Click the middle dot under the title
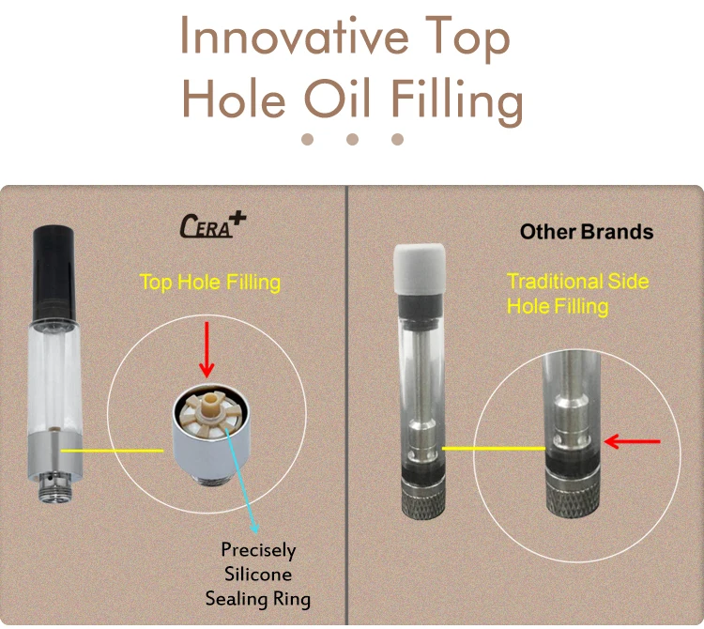(353, 139)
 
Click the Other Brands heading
(587, 231)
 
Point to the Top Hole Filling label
(209, 282)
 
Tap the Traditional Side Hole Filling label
(577, 293)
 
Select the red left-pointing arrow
(632, 440)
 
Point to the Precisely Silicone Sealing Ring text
(257, 574)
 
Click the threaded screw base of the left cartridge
(47, 487)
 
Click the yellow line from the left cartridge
(113, 451)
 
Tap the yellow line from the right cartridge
(493, 449)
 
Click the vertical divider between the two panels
(347, 404)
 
